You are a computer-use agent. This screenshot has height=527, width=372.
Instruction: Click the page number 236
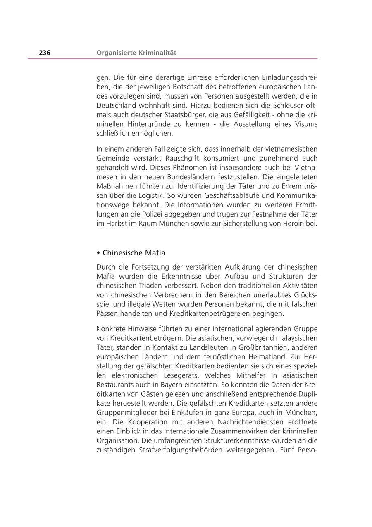click(x=45, y=53)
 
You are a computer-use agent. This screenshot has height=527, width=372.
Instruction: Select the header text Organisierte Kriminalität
click(x=136, y=53)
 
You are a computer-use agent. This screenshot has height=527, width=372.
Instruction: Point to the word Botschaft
click(x=172, y=87)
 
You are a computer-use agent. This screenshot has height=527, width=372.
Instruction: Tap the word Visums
click(x=305, y=124)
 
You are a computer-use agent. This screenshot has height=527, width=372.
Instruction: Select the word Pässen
click(x=108, y=313)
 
